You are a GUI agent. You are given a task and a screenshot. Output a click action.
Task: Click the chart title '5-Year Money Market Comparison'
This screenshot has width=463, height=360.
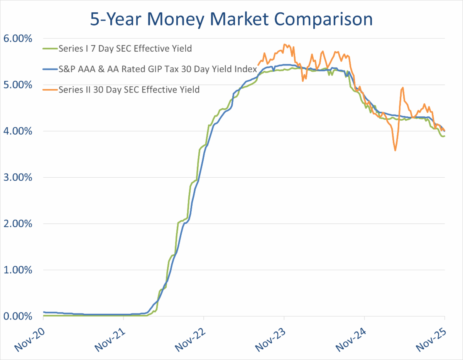(231, 19)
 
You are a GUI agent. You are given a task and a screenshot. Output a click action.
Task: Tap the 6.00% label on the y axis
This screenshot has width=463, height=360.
(18, 39)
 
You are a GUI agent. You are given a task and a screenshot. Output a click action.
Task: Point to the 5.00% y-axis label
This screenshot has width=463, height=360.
(18, 85)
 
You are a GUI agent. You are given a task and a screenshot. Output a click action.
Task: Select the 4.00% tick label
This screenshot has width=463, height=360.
(18, 131)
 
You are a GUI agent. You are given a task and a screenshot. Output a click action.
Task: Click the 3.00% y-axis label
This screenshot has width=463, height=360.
(18, 177)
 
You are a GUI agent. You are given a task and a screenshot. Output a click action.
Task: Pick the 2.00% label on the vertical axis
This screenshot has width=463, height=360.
(18, 224)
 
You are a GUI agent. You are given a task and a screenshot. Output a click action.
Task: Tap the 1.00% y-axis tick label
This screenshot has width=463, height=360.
(18, 270)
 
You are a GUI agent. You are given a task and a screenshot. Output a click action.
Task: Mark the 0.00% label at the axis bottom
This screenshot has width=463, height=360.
(18, 316)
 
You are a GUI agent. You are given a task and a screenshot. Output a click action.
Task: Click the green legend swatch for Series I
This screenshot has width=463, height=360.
(50, 49)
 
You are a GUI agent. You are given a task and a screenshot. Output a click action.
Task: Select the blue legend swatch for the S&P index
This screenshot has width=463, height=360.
(50, 69)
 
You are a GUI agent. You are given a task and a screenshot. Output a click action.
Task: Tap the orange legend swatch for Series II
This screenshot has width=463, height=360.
(50, 90)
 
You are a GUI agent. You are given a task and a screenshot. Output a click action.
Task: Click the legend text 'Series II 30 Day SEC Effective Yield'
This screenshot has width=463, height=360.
(129, 90)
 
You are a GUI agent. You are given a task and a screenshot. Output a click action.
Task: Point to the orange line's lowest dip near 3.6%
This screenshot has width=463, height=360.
(395, 150)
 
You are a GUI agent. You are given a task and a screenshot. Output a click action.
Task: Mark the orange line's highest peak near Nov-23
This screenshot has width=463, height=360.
(284, 44)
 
